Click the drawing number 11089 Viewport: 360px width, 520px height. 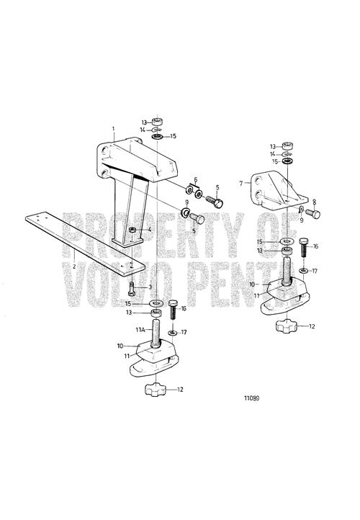pos(251,398)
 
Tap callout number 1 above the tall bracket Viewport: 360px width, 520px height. pos(113,128)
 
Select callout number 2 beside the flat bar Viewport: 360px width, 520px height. pos(74,266)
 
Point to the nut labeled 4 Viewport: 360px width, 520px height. pos(132,230)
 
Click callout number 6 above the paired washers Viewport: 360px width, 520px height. pos(196,180)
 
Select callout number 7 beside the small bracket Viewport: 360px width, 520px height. pos(241,183)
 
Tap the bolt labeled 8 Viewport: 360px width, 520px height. pos(312,214)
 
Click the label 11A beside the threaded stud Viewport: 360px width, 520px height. pos(140,330)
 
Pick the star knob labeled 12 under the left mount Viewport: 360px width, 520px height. pos(154,389)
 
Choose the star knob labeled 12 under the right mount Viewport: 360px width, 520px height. pos(286,326)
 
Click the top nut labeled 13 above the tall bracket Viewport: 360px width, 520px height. pos(157,122)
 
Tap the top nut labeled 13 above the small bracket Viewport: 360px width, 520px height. pos(287,145)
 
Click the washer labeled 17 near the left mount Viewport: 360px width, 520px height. pos(172,332)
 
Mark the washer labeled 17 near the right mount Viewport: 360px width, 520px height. pos(303,272)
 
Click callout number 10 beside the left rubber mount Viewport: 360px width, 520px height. pos(120,346)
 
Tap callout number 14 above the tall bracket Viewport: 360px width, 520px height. pos(143,130)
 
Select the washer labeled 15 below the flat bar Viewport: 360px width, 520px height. pos(156,303)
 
